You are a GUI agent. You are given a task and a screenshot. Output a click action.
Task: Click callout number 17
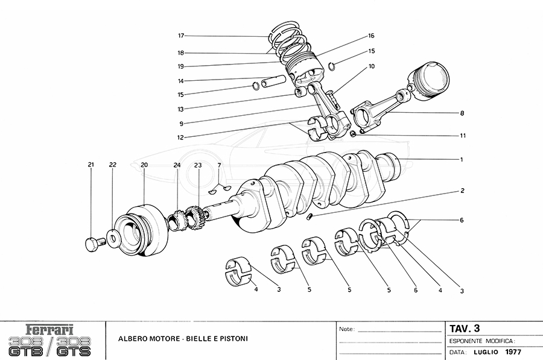tap(180, 35)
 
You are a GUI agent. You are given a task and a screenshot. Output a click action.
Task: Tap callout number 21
tap(91, 165)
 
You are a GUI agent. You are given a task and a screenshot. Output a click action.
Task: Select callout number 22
tap(113, 165)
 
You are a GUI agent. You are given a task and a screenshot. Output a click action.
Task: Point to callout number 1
tap(462, 160)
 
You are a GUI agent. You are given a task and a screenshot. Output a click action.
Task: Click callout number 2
tap(462, 191)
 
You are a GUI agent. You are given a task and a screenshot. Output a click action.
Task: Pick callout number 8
tap(462, 113)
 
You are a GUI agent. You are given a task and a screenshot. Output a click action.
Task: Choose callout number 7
tap(219, 165)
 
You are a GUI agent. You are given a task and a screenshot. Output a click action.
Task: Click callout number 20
tap(144, 165)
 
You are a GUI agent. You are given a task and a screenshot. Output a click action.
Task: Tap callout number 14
tap(180, 81)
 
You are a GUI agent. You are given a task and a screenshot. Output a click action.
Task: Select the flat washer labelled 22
tap(113, 235)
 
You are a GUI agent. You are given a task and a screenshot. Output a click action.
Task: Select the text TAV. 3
tap(465, 329)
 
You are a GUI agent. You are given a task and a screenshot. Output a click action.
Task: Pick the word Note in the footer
tap(346, 330)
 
